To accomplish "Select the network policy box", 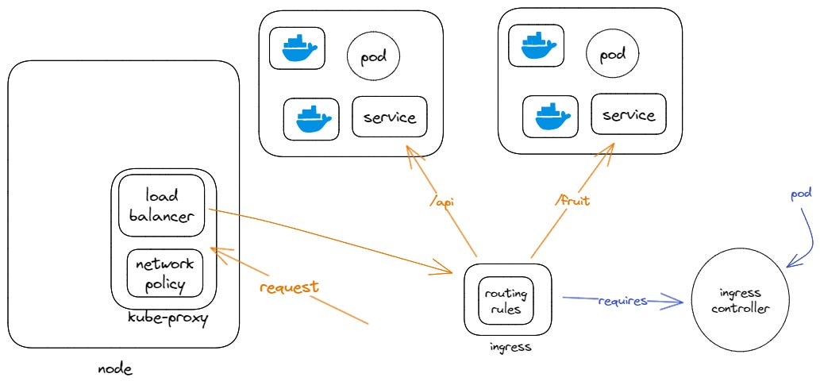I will tap(166, 274).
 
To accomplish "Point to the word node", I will tap(114, 369).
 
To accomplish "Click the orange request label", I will tap(289, 287).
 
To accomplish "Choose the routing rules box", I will tap(503, 300).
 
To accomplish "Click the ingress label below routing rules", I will tap(509, 347).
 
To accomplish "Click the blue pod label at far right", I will tap(801, 194).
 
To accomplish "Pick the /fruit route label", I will tap(572, 202).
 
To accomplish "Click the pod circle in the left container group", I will tap(373, 57).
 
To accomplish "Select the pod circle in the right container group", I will tap(612, 55).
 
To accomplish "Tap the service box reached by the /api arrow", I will tap(389, 117).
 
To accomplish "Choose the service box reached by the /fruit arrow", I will tap(628, 115).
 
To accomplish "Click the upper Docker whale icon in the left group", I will tap(294, 49).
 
